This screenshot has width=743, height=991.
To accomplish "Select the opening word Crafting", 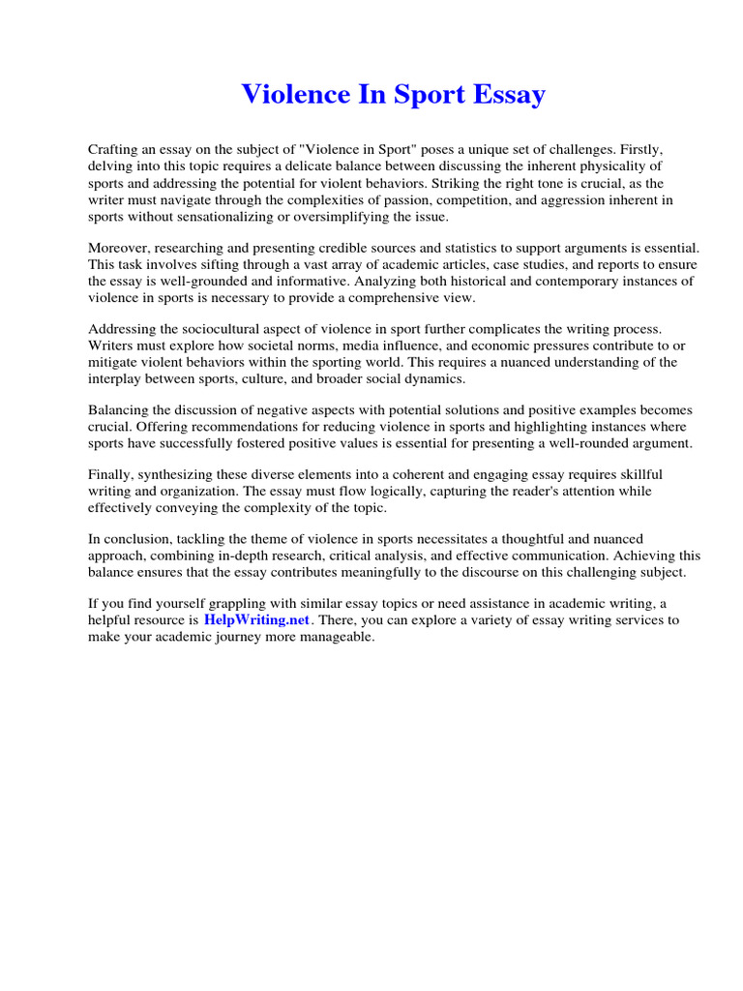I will (114, 150).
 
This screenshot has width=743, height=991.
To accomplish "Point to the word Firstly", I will (638, 150).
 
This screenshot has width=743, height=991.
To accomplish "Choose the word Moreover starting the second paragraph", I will (118, 249).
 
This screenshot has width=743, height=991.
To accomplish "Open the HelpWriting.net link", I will (256, 620).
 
